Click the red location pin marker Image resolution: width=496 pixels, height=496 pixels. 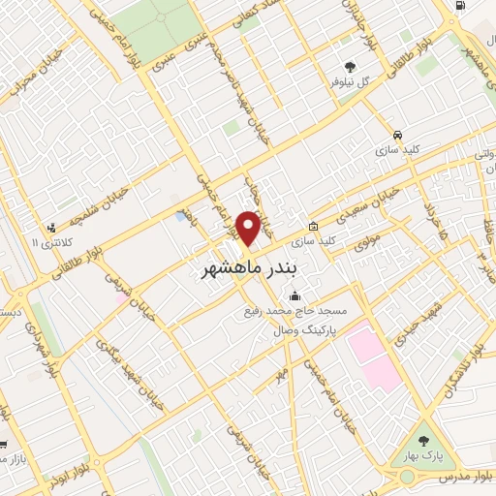pos(249,228)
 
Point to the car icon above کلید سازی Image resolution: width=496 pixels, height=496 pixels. pos(397,135)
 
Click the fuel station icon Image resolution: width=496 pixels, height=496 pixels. pos(457,8)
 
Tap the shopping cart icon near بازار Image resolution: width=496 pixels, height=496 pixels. pos(5,445)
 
